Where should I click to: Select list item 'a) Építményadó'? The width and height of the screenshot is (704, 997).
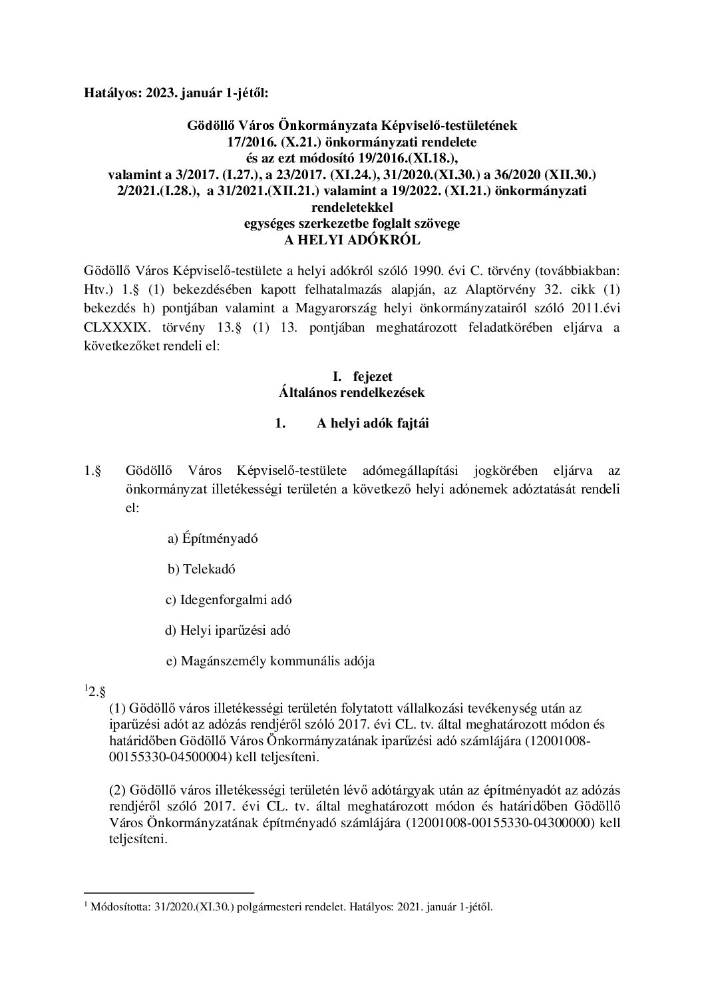(x=212, y=538)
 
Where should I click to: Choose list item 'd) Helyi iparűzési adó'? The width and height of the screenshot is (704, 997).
(x=228, y=630)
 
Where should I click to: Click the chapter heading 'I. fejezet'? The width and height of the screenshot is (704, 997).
(x=352, y=377)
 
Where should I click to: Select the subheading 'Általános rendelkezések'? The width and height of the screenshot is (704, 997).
(x=352, y=392)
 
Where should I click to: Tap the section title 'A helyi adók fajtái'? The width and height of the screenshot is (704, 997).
(x=373, y=423)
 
